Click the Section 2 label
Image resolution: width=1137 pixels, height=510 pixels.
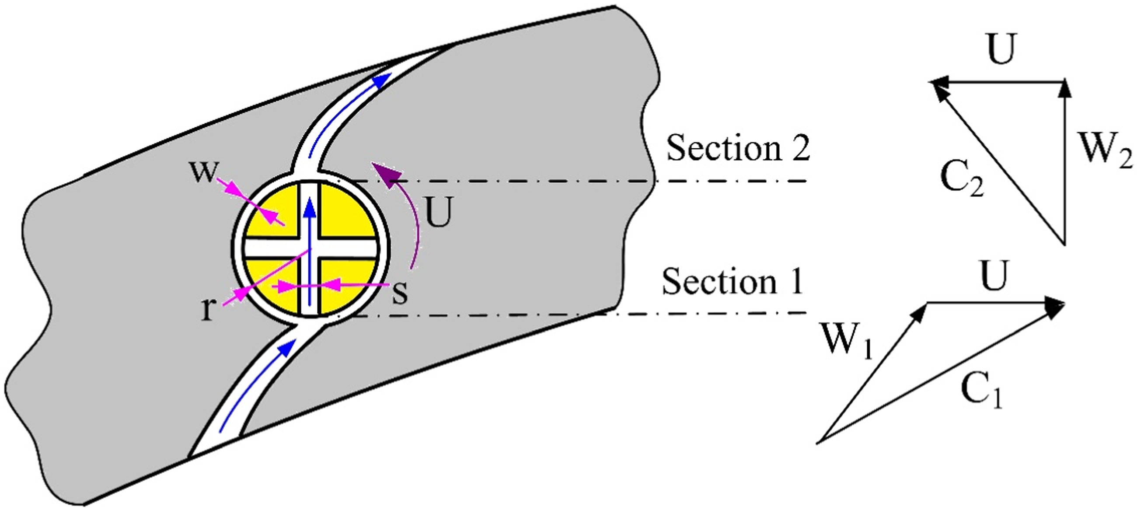[x=738, y=148]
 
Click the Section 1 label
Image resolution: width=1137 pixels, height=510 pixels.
[x=732, y=281]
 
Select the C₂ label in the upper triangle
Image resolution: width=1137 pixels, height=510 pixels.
[x=962, y=179]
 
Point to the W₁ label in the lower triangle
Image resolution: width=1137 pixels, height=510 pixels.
[x=846, y=340]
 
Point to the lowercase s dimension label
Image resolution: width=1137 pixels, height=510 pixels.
[x=400, y=292]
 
